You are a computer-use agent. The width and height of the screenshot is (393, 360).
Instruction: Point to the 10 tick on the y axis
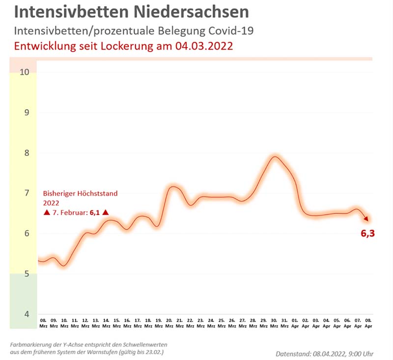[x=24, y=72]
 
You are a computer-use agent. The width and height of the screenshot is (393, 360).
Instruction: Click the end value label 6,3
[x=367, y=234]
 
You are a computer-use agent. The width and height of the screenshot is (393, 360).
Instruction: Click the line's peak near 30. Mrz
[x=275, y=157]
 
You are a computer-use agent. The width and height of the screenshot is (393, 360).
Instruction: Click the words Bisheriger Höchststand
[x=80, y=193]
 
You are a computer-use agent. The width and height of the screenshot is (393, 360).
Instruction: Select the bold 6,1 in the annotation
[x=95, y=212]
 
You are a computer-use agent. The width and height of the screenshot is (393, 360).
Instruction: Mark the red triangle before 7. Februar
[x=47, y=212]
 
